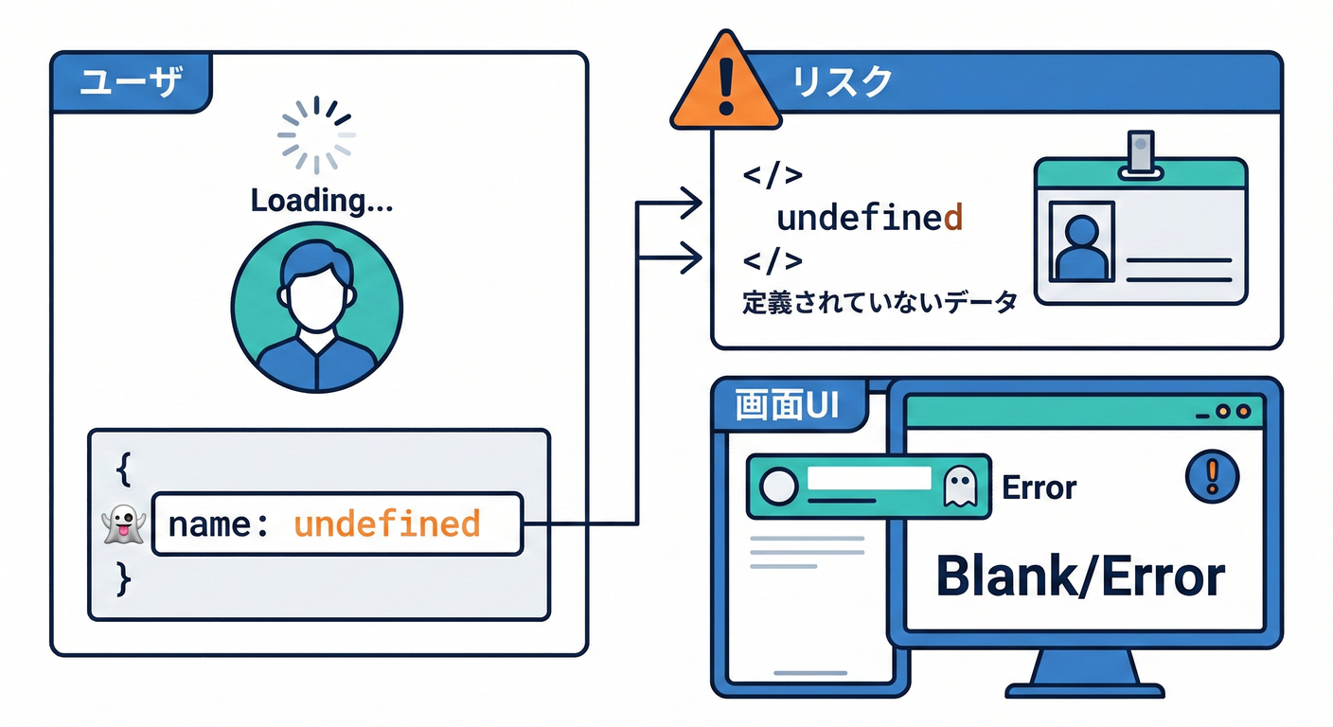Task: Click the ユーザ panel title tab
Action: click(130, 82)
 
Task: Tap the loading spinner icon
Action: click(316, 136)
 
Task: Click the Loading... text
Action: click(322, 201)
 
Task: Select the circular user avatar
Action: click(316, 308)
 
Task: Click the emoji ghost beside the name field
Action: click(122, 523)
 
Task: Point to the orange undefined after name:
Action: click(386, 523)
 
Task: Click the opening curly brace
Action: click(123, 467)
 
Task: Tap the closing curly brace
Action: click(123, 578)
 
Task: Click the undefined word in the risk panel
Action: click(869, 218)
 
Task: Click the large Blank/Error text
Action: click(1080, 576)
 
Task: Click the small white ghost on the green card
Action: click(959, 487)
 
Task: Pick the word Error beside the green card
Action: click(1039, 488)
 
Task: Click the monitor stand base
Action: click(1082, 682)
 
